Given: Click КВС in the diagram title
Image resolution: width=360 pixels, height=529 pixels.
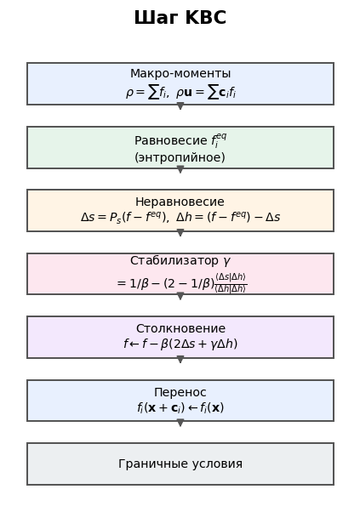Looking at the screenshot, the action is (x=206, y=18).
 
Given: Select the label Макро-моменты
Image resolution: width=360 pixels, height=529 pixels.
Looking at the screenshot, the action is (x=180, y=73).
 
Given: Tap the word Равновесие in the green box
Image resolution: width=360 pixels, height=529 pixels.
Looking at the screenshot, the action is (x=170, y=140).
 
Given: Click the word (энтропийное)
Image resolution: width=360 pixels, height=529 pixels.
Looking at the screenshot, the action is (x=180, y=157).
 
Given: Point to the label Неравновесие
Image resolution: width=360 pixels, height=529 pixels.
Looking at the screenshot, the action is (x=180, y=202).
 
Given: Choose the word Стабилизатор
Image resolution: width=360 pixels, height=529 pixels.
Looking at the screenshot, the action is (x=174, y=261).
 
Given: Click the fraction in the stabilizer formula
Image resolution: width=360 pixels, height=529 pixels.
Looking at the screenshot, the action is (x=231, y=282).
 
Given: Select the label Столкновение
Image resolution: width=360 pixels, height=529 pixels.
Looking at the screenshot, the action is (x=180, y=328).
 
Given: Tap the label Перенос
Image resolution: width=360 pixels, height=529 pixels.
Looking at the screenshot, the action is (x=180, y=392).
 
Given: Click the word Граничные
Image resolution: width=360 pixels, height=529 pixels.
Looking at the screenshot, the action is (x=152, y=464).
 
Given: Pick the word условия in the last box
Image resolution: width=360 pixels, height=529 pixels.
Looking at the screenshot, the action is (x=216, y=464).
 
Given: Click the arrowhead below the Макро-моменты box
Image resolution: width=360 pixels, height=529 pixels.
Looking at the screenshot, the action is (x=180, y=106).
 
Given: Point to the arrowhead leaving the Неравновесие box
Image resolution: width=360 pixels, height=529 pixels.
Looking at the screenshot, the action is (x=180, y=233).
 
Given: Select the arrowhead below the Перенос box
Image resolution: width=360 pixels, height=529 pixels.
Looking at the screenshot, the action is (x=180, y=423).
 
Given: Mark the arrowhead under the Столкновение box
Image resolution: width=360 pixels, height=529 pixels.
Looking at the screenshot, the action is (x=180, y=359).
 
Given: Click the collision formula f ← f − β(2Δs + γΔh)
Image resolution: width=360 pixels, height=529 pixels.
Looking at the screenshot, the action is (x=180, y=344).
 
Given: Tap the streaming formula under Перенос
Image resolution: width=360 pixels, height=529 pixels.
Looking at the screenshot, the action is (x=180, y=408).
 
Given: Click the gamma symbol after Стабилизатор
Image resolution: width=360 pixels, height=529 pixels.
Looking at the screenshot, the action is (x=226, y=261).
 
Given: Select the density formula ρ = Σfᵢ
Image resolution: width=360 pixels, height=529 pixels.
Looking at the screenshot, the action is (x=146, y=92).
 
